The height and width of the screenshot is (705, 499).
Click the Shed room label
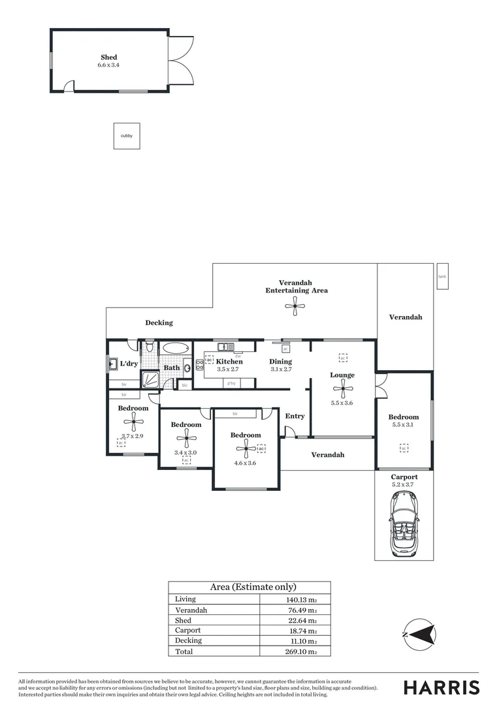pos(108,57)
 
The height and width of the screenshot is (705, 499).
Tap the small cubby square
pos(127,136)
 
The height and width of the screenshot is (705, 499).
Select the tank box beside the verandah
pos(442,275)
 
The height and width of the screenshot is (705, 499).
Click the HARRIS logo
pos(441,687)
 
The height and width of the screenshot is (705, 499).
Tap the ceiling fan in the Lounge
pos(342,390)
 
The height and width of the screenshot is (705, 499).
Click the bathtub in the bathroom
pos(175,348)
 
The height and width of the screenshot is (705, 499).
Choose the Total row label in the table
pos(184,651)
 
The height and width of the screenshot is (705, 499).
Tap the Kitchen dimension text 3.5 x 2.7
pos(229,369)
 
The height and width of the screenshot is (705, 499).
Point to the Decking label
pos(159,322)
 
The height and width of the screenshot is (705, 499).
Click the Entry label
pos(295,416)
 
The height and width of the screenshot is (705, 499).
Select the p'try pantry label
pos(231,383)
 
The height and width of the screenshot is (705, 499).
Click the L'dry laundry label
pos(129,364)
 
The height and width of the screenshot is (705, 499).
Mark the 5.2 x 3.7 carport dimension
pos(404,485)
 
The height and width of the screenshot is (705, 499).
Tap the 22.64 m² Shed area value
pos(303,620)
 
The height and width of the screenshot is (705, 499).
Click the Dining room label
pos(280,361)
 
